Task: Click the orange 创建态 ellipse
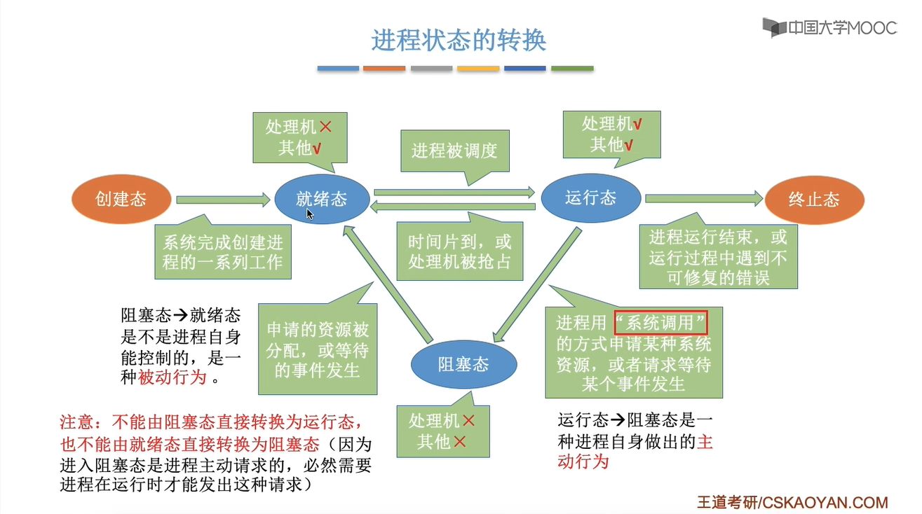[121, 200]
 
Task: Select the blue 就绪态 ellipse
[322, 199]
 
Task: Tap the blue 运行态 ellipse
[590, 197]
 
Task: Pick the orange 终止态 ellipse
[814, 200]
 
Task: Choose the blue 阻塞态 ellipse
[463, 364]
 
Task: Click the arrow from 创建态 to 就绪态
[223, 200]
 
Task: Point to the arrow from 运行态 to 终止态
[704, 199]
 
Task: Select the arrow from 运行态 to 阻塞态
[537, 284]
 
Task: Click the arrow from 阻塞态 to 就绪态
[388, 284]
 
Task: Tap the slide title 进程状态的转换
[459, 41]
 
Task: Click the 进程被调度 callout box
[455, 151]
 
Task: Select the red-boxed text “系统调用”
[660, 323]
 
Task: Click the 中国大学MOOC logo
[829, 28]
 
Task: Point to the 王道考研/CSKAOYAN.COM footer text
[792, 503]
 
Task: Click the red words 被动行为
[172, 377]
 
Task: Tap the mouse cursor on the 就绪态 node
[310, 214]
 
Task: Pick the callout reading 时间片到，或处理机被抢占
[460, 251]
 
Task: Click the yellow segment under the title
[478, 68]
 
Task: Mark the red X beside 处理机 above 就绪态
[325, 127]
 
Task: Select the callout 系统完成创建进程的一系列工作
[223, 251]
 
